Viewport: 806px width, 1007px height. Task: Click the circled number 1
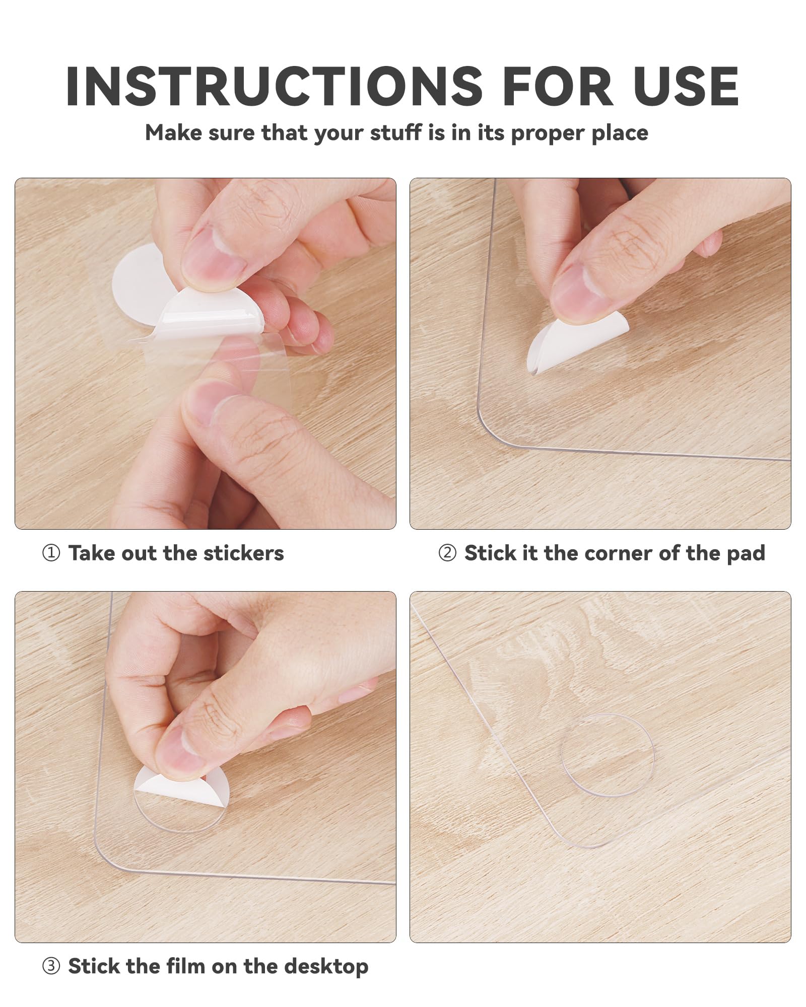51,553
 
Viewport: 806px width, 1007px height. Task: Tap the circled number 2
447,553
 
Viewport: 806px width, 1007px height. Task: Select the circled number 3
51,967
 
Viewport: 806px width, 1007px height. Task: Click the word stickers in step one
244,553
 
